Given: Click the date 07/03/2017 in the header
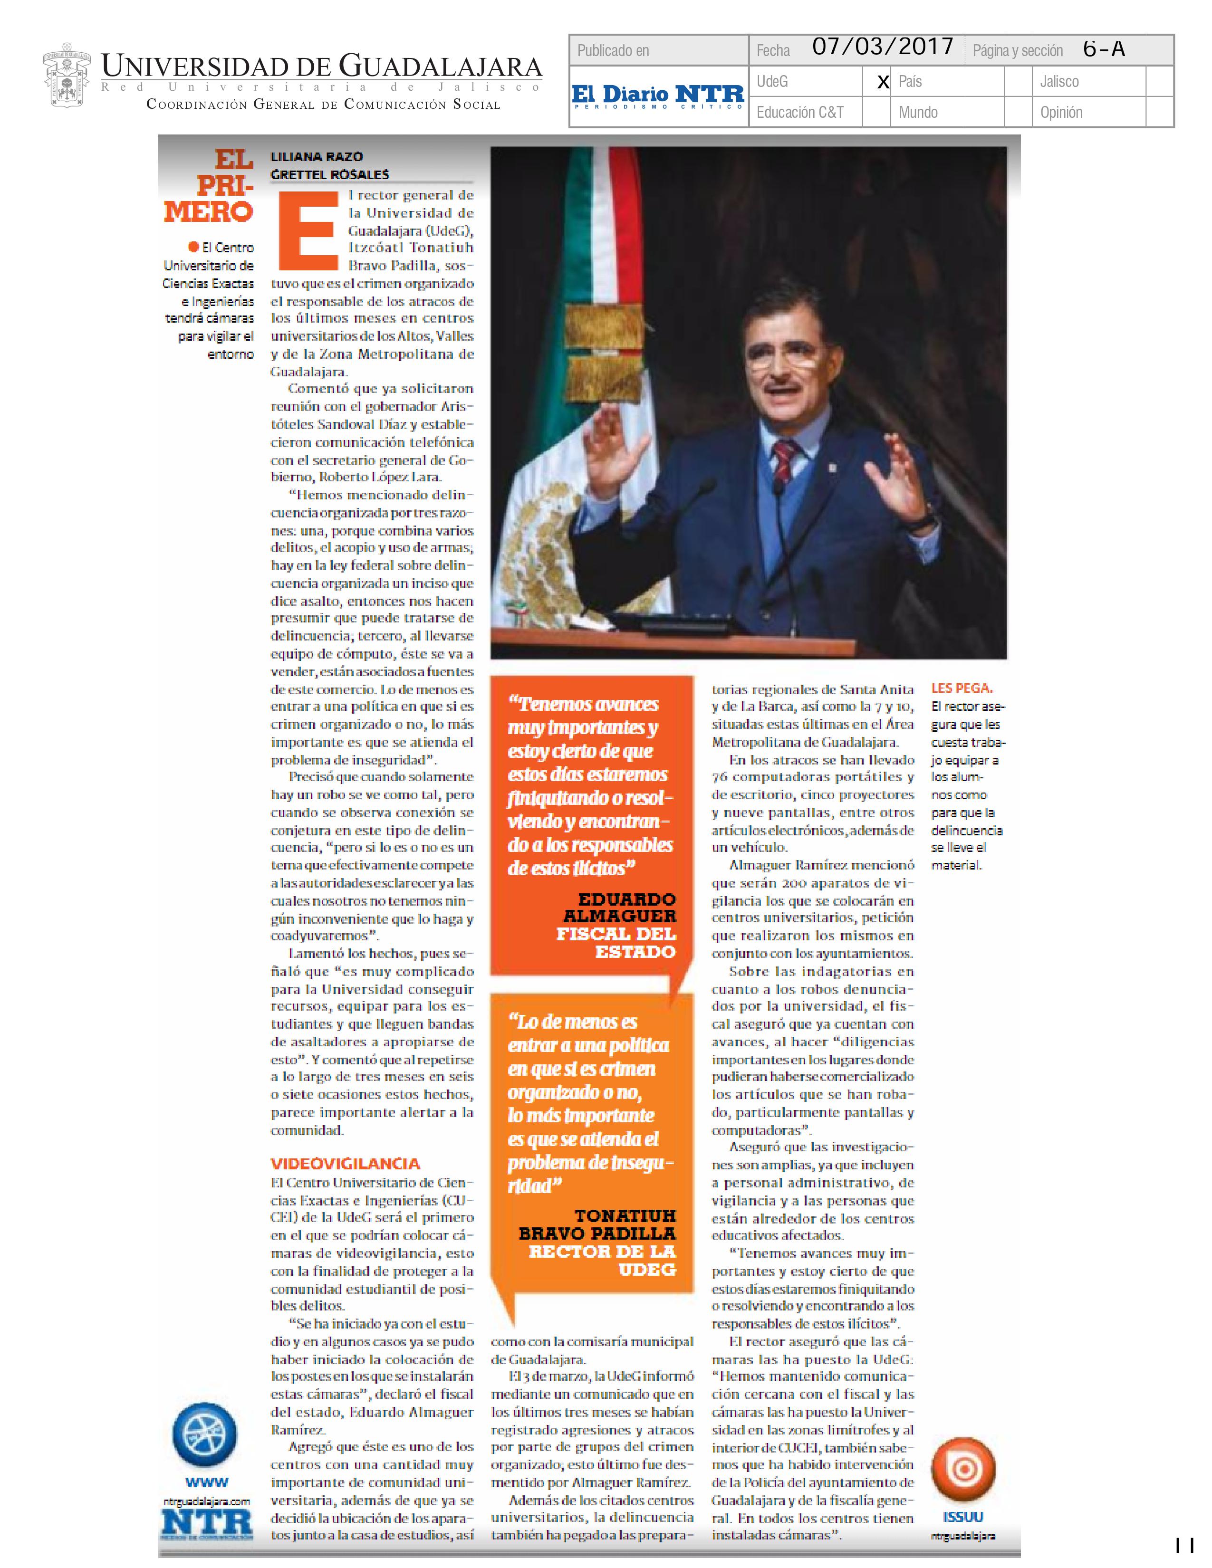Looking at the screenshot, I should click(x=883, y=48).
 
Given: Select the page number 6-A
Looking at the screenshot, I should click(x=1104, y=49).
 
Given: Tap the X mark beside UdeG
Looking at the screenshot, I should click(x=883, y=83).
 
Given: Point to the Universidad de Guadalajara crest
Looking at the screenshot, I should click(x=66, y=76).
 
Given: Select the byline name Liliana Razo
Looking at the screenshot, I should click(x=317, y=156).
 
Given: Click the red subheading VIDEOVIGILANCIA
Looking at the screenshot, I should click(x=345, y=1164).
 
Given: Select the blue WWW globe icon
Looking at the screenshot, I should click(x=206, y=1436).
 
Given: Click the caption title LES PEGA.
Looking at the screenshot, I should click(x=962, y=688).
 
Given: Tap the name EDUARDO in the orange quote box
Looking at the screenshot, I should click(x=627, y=899).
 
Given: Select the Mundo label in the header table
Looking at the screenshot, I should click(x=918, y=113).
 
